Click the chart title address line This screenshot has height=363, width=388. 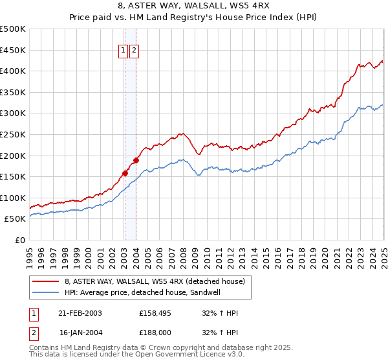point(194,6)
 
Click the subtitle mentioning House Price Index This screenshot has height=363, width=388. point(194,18)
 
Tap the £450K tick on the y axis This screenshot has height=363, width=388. point(13,50)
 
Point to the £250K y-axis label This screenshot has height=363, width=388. point(13,134)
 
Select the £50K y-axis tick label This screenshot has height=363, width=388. point(15,219)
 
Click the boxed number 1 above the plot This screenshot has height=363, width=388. point(123,51)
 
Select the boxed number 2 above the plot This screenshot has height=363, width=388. point(134,51)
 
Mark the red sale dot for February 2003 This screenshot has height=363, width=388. point(125,173)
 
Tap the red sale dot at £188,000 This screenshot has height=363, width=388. point(136,160)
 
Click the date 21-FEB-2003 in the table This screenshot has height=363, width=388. point(81,314)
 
